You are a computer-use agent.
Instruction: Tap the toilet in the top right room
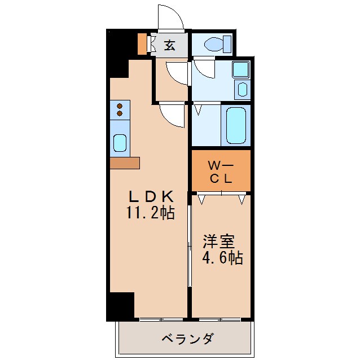tap(217, 44)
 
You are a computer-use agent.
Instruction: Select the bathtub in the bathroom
tap(236, 125)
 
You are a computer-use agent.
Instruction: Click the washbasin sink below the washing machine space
tap(242, 90)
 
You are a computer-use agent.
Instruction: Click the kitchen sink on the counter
tap(120, 143)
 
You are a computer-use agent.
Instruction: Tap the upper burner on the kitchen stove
tap(120, 105)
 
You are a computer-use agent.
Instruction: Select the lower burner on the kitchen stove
tap(120, 114)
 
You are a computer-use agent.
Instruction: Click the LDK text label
tap(150, 197)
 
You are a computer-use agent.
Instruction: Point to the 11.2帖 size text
tap(150, 213)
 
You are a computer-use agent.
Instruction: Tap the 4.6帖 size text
tap(222, 258)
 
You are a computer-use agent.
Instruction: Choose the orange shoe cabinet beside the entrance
tap(142, 43)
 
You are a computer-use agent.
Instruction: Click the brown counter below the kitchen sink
tap(125, 163)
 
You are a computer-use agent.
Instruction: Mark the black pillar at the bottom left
tap(120, 306)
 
